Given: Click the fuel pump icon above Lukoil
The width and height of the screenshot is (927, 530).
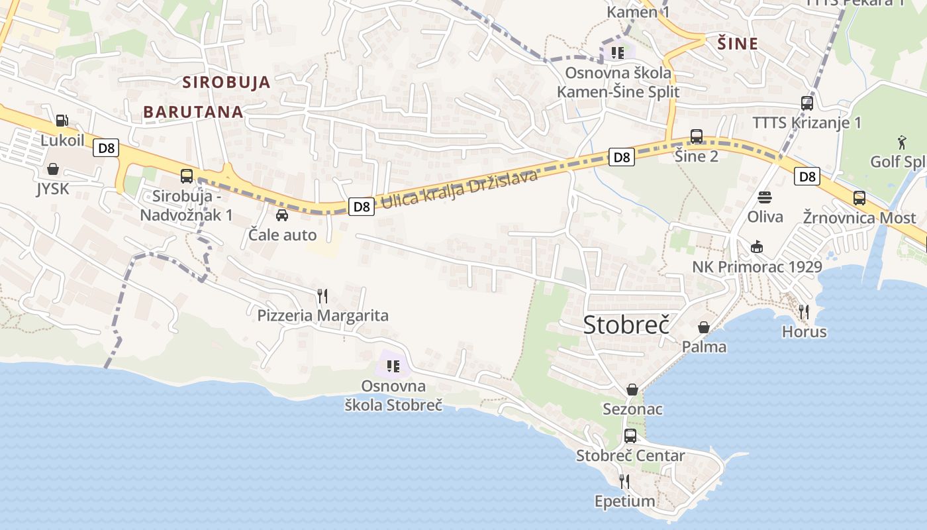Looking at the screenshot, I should (62, 120).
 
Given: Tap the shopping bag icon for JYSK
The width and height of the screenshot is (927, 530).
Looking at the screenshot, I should (53, 169).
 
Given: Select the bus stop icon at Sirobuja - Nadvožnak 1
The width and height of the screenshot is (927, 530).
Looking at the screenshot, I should (187, 176).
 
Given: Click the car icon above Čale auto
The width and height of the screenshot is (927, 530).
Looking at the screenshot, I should (282, 215).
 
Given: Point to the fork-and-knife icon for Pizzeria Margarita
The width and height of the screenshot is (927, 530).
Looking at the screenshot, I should (322, 295).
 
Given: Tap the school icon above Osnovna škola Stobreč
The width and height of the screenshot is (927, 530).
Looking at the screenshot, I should (393, 366).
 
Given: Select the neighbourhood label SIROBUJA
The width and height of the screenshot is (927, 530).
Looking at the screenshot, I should (226, 83).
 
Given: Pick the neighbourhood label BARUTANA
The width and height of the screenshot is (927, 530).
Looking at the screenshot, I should (193, 112).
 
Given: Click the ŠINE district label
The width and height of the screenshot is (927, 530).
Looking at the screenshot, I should (738, 44).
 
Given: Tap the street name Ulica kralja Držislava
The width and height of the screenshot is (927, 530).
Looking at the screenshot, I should (459, 189).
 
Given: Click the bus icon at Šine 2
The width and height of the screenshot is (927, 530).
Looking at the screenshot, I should (697, 136).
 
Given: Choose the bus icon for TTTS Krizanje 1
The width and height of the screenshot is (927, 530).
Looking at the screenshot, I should (807, 103).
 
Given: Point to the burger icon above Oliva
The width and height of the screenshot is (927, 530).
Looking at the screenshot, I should (765, 197).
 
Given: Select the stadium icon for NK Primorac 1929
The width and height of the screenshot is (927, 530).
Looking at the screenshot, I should (757, 247).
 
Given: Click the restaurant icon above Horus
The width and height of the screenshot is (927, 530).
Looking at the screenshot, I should (805, 311).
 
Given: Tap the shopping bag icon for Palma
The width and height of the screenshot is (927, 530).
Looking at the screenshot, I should (704, 327).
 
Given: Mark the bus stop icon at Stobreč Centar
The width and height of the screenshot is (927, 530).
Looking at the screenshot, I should (630, 436).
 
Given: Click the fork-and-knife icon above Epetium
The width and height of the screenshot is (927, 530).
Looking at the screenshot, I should (624, 481).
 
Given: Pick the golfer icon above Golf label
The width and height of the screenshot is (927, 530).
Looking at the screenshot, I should (902, 141).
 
